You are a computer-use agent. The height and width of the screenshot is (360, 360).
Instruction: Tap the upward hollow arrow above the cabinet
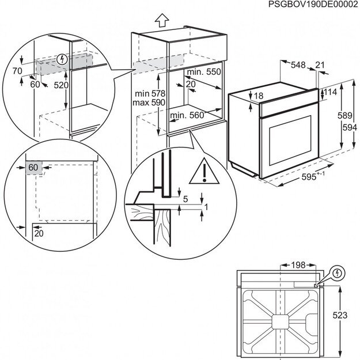162,21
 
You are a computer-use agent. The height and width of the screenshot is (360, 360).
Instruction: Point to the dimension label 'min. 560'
188,115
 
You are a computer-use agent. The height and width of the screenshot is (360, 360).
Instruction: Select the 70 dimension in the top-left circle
17,71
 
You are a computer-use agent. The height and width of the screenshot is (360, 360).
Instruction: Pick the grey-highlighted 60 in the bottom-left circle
33,167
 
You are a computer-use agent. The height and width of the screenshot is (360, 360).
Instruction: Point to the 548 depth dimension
298,65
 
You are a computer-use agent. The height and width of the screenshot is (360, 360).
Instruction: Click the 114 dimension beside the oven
330,92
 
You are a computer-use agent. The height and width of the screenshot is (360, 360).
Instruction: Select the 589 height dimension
343,115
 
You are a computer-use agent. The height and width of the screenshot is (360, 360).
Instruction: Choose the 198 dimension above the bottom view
297,266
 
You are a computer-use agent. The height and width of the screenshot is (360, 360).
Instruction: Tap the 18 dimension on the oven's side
258,96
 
